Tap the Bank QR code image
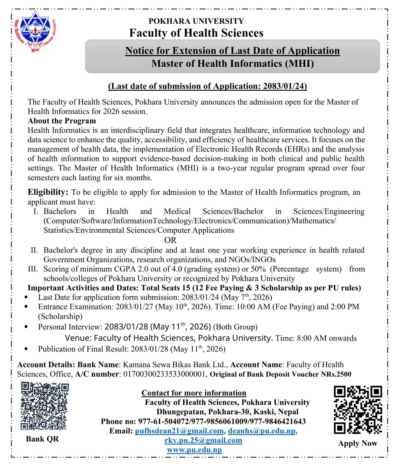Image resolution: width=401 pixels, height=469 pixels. pos(44,405)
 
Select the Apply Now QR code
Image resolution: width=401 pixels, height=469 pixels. pos(358,410)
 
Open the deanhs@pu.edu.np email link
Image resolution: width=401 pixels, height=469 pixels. pos(262,431)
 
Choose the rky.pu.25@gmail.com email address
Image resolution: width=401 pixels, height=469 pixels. pos(203,440)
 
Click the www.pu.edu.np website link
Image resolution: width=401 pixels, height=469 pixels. pos(194,450)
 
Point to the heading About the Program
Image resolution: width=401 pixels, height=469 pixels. pos(62,121)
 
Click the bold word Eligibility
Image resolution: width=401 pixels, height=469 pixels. pos(48,192)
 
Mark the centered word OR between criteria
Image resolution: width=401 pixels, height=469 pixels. pos(170,240)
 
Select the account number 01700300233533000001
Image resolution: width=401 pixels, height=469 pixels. pos(165,374)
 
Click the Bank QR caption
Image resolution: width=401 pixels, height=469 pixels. pos(42,439)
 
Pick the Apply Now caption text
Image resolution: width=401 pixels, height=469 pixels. pos(358,443)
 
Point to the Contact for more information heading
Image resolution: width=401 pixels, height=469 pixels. pos(194,393)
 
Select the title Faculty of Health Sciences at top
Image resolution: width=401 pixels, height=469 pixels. pos(196,33)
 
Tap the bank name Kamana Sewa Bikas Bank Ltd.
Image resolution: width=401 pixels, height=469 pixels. pos(175,365)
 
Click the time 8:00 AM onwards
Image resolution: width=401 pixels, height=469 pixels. pos(327,338)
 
